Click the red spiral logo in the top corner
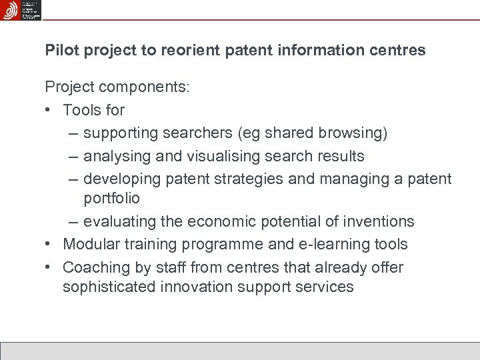[11, 10]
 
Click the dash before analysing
[73, 156]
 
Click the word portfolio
[111, 198]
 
